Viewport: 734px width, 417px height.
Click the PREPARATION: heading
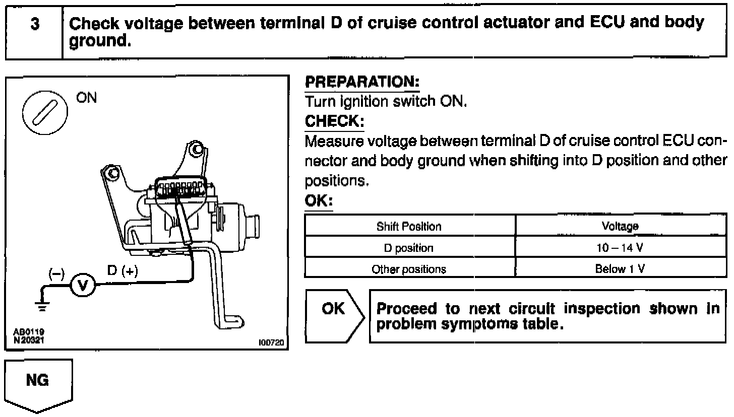(x=362, y=81)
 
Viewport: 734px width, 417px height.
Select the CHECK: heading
(x=334, y=121)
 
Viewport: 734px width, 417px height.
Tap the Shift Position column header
(x=409, y=227)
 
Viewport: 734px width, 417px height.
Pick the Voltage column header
(x=620, y=227)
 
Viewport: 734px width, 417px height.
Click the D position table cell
(x=409, y=248)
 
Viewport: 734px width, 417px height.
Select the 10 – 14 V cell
(x=620, y=248)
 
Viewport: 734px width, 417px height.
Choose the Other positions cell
(x=409, y=269)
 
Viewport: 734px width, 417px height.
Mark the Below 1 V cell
(x=620, y=269)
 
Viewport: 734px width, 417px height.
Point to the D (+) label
(x=123, y=270)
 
